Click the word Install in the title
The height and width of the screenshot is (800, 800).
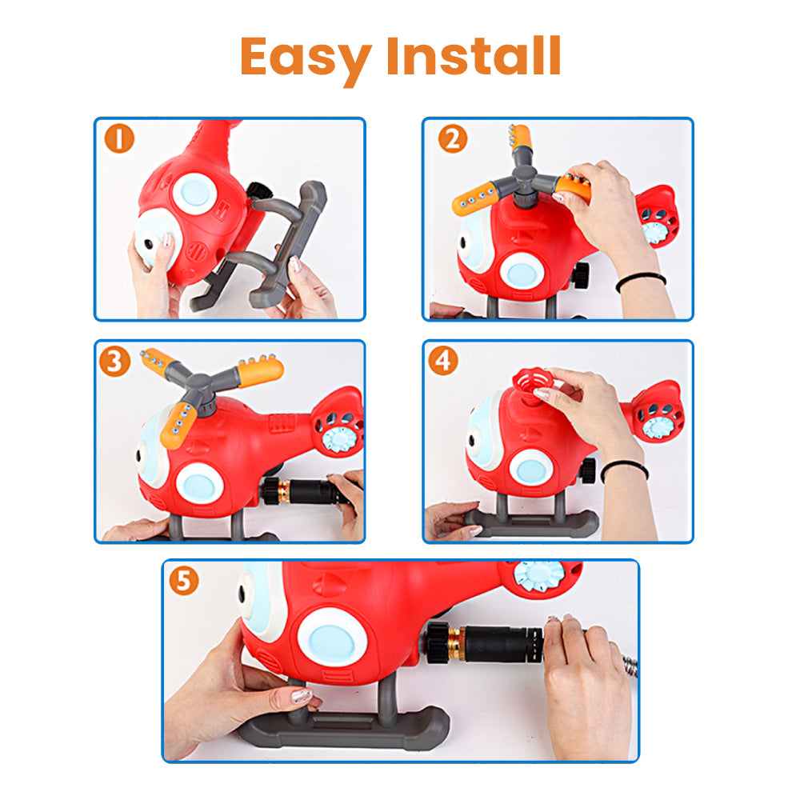(x=474, y=56)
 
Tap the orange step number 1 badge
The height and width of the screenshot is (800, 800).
(x=119, y=138)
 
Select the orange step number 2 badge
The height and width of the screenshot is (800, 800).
(x=453, y=138)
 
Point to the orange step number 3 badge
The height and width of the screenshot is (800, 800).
(x=114, y=362)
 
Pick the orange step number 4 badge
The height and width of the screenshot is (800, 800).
(x=443, y=361)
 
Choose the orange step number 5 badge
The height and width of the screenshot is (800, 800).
(x=184, y=581)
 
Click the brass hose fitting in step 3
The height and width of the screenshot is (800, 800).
(x=284, y=491)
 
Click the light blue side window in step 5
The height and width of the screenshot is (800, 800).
(x=332, y=638)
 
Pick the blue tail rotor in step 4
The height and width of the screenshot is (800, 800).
(x=658, y=426)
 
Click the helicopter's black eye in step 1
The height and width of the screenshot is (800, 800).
(x=149, y=244)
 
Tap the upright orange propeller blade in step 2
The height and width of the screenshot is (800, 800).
(x=521, y=138)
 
